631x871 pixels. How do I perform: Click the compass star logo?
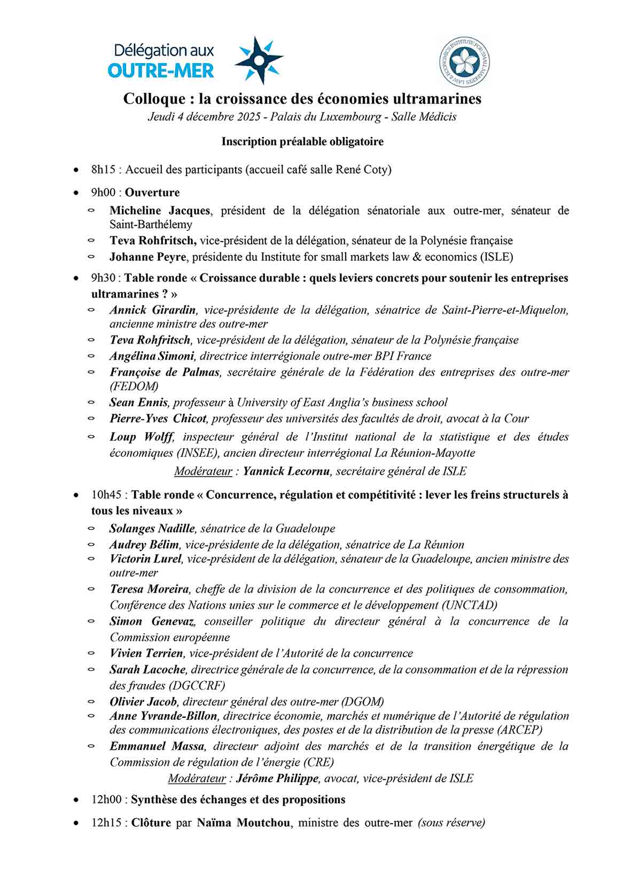(x=259, y=60)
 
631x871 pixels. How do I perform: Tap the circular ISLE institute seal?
(x=463, y=62)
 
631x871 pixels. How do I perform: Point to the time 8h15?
(x=103, y=170)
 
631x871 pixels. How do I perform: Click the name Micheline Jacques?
(x=160, y=211)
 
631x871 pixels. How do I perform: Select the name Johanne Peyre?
(x=148, y=257)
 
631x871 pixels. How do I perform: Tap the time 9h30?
(x=103, y=278)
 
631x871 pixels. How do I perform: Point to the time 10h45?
(x=106, y=495)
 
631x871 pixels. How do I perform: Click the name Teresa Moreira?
(x=149, y=589)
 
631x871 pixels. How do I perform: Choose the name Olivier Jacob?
(x=143, y=702)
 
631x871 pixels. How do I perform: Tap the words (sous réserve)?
(x=451, y=823)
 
